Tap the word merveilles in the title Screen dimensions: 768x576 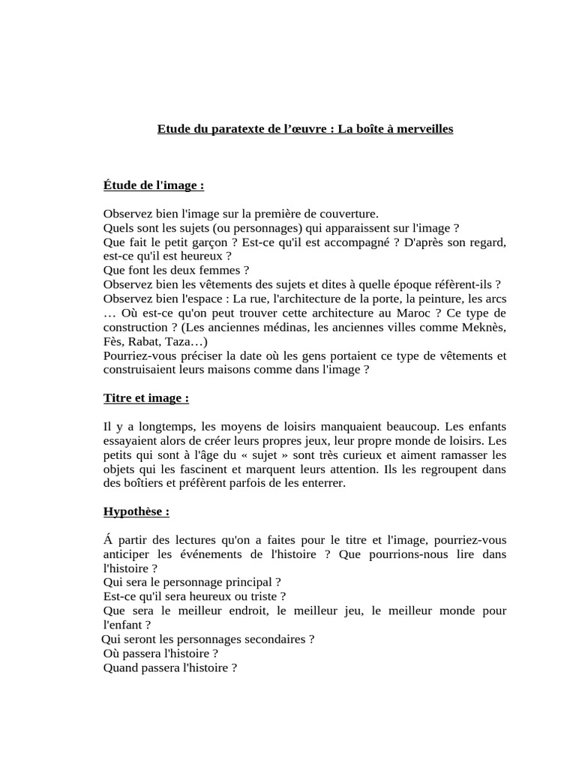[x=423, y=129]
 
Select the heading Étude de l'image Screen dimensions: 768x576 [x=154, y=185]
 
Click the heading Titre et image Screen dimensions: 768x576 [x=145, y=398]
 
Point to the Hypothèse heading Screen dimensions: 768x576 [x=136, y=511]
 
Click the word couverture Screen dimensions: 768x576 [x=345, y=214]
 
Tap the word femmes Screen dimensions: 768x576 [x=225, y=271]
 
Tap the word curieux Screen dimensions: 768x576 [x=385, y=455]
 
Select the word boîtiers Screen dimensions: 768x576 [x=142, y=484]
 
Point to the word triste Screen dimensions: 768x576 [x=268, y=597]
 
